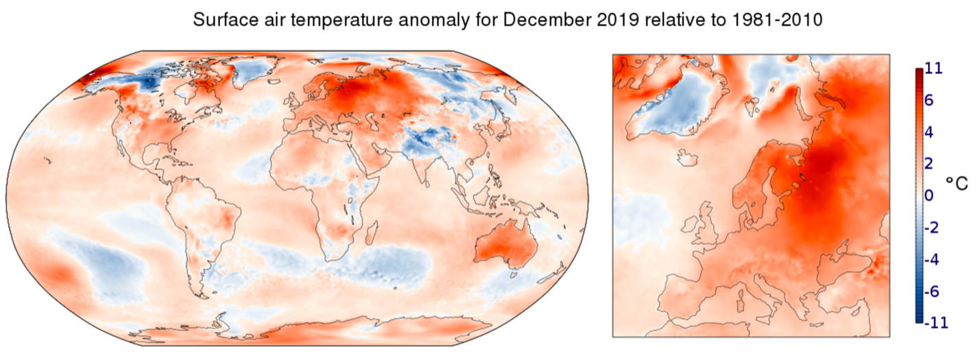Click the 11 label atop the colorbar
click(x=933, y=68)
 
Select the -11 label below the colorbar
click(x=936, y=322)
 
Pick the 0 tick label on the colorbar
click(x=929, y=195)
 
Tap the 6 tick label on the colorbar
click(x=929, y=100)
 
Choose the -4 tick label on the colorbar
click(x=932, y=260)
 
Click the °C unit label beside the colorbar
click(x=957, y=184)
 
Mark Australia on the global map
click(x=506, y=244)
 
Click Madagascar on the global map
click(x=372, y=233)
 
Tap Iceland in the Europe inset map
click(x=688, y=158)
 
